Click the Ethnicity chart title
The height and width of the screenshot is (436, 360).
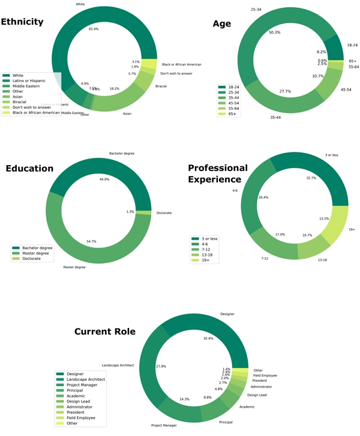(x=22, y=22)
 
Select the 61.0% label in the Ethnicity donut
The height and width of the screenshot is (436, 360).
(x=94, y=29)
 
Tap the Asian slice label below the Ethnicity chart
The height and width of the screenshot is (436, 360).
(x=127, y=113)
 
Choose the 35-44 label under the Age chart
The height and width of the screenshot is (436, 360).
(x=275, y=118)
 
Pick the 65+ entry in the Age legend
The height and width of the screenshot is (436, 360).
(x=232, y=114)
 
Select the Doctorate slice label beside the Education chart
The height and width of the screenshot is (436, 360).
(x=164, y=213)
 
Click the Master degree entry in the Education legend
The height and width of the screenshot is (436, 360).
(x=36, y=253)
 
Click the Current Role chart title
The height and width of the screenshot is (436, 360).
(x=104, y=332)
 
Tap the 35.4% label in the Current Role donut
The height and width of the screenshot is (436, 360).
(x=209, y=339)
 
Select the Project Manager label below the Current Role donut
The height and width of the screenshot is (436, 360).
(x=164, y=425)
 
